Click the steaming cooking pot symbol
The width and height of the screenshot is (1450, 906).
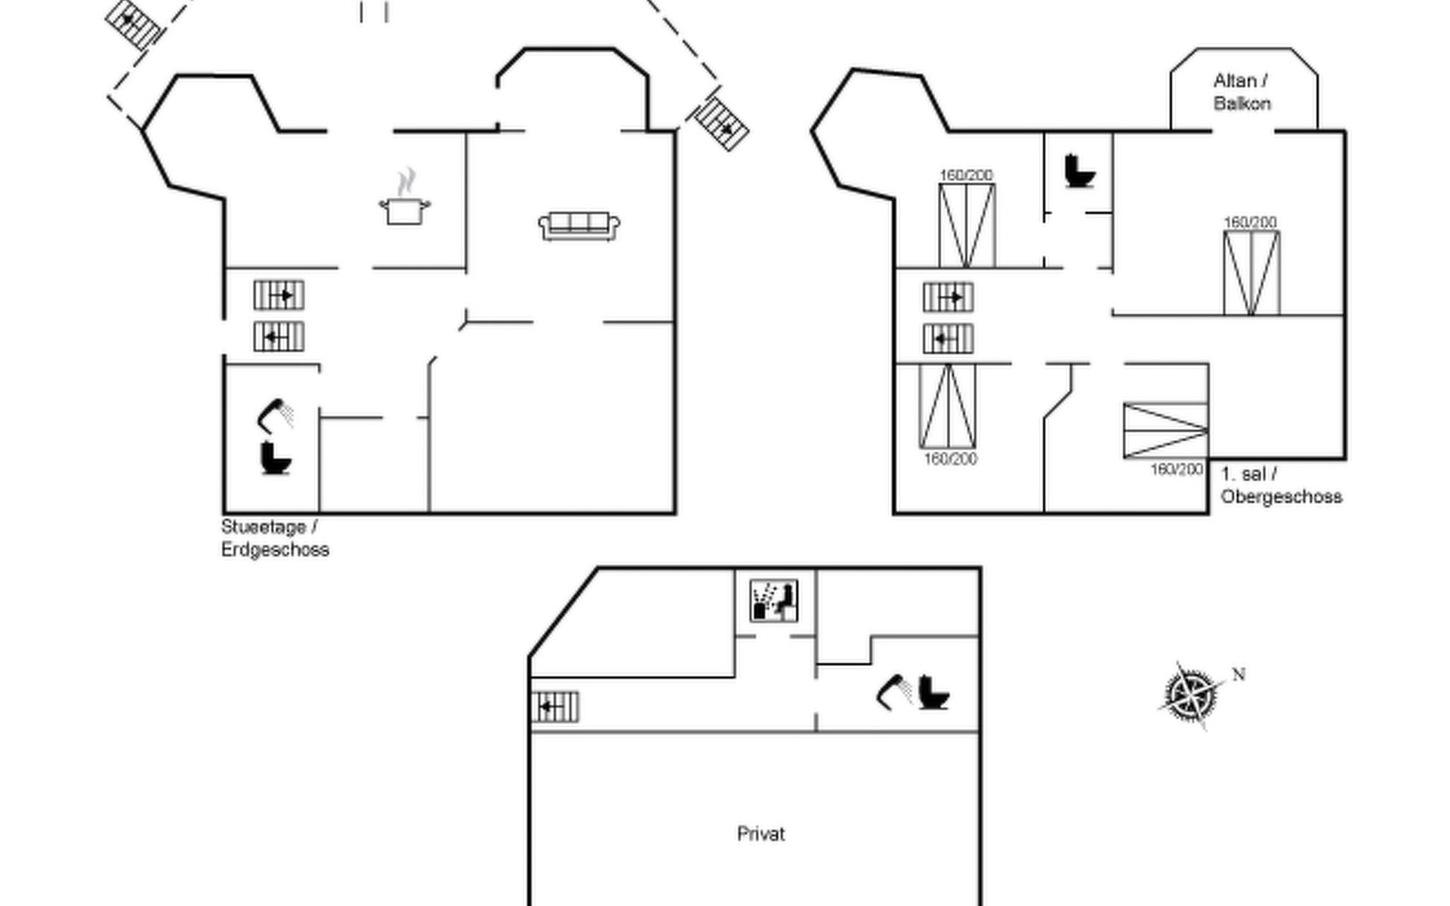pos(404,199)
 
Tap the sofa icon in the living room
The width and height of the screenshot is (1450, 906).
pos(579,226)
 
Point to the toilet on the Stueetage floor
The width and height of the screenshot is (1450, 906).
pos(276,458)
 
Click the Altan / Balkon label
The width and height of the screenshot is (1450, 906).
pos(1242,91)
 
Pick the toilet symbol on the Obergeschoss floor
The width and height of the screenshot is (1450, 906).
pos(1079,171)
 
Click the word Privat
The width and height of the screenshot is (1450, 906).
pos(760,834)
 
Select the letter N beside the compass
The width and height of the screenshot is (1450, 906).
pos(1239,674)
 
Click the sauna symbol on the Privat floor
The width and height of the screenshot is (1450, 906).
pos(774,601)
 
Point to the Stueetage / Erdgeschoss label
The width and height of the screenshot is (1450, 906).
pos(275,538)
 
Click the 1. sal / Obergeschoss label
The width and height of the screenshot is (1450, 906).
pos(1281,485)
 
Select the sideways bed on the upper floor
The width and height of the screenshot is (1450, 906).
pos(1165,430)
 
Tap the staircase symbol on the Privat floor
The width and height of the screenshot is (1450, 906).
pos(555,707)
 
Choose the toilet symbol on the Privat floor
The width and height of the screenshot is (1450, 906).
pos(933,692)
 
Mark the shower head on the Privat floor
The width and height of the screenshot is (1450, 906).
pos(893,690)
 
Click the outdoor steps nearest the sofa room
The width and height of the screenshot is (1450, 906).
pos(721,122)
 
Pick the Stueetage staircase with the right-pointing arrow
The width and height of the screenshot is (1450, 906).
pos(279,295)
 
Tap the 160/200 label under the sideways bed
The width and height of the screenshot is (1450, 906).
pos(1176,470)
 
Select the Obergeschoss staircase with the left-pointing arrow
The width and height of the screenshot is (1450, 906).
pos(948,339)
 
